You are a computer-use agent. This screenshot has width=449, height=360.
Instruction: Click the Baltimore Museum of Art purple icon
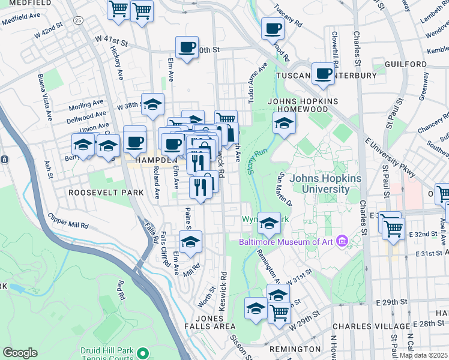click(342, 242)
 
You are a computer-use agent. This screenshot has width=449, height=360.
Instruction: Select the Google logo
click(20, 353)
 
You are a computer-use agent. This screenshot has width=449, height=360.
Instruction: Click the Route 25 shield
click(78, 20)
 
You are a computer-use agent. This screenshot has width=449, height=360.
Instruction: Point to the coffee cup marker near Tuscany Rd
click(273, 28)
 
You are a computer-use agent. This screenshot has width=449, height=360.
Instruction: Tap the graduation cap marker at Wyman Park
click(269, 223)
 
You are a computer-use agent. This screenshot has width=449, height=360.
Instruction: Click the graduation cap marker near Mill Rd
click(190, 241)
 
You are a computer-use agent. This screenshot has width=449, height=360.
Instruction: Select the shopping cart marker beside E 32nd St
click(393, 228)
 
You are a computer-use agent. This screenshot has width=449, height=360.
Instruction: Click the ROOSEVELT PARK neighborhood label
click(106, 193)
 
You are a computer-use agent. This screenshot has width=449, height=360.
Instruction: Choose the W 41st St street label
click(112, 41)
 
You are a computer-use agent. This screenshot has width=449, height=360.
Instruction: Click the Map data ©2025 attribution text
click(423, 355)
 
